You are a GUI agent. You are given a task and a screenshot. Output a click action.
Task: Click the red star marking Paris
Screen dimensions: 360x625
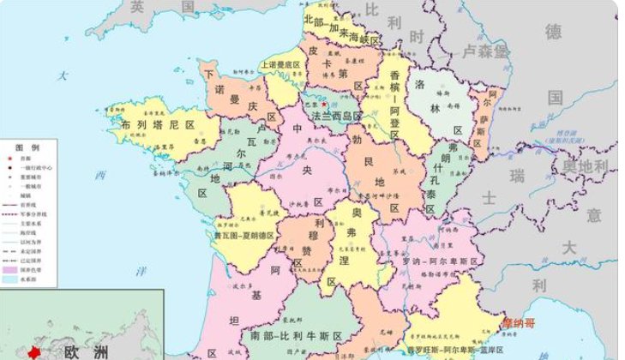click(x=324, y=105)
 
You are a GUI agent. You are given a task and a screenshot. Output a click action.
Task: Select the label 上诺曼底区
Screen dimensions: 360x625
click(x=281, y=65)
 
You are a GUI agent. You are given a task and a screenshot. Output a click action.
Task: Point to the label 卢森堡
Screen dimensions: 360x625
click(x=485, y=51)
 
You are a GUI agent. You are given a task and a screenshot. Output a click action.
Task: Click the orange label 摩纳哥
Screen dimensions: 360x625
click(x=518, y=323)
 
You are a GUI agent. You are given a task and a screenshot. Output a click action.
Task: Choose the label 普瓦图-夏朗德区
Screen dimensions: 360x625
click(x=243, y=234)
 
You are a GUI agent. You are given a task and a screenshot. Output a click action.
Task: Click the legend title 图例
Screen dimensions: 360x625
click(x=22, y=147)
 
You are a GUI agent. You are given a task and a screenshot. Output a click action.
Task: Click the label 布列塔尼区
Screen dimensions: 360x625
click(x=159, y=125)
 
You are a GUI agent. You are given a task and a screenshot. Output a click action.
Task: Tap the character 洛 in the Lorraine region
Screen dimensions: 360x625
click(x=420, y=85)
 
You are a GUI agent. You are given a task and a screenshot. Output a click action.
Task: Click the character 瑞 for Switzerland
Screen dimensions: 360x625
click(x=516, y=176)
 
